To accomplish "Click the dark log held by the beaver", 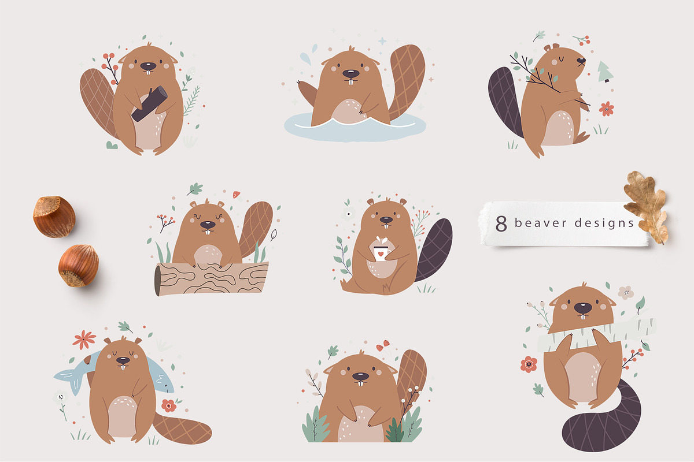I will point(149,104).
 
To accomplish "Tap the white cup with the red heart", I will point(380,252).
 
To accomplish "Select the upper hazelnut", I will point(54,217).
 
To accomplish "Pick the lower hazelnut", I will point(78,265).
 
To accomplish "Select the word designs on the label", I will point(604,223).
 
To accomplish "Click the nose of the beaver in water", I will point(349,74).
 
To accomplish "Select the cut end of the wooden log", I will point(157,281).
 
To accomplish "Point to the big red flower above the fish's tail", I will point(84,339).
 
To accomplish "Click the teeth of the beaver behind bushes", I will point(361,381).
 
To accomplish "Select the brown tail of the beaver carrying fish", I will point(182,430).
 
